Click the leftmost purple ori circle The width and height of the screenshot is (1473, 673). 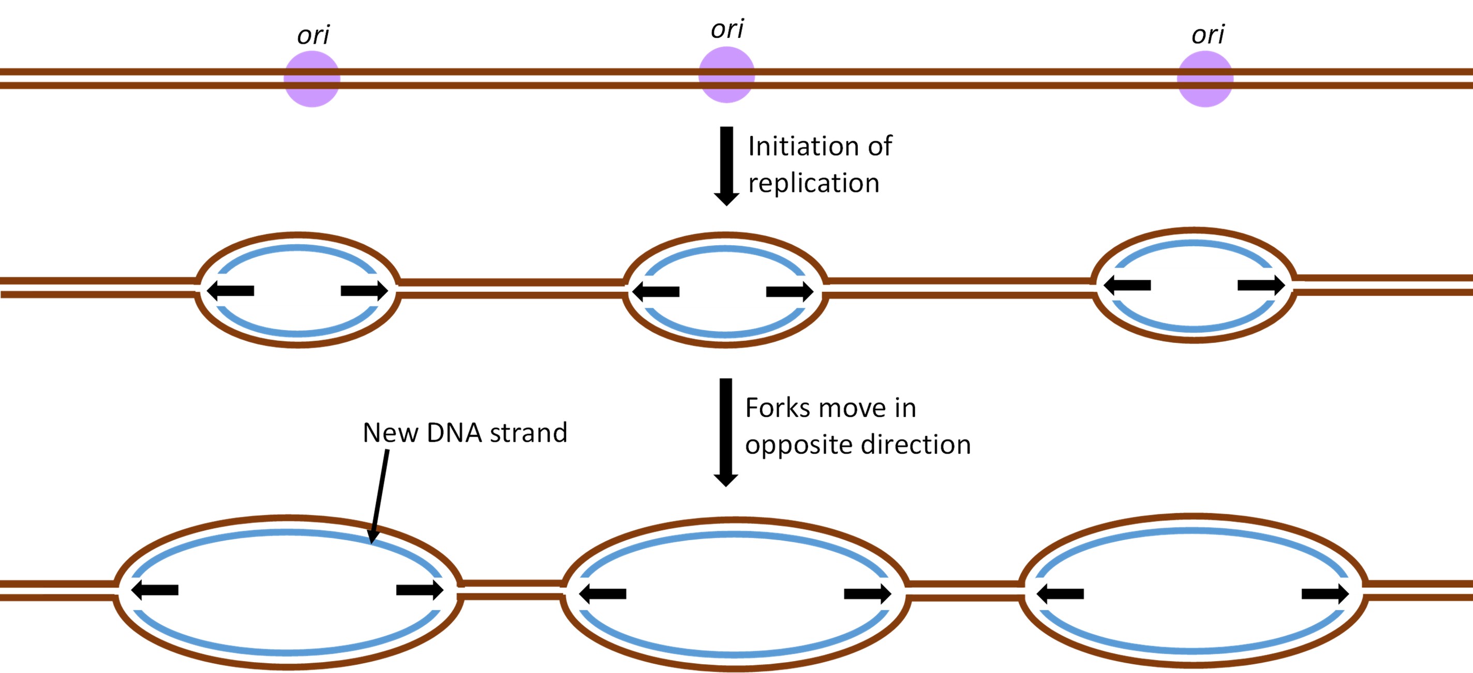coord(311,79)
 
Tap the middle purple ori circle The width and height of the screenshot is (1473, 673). coord(726,75)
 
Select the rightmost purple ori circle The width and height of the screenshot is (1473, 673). coord(1205,79)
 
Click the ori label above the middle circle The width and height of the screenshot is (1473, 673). coord(727,28)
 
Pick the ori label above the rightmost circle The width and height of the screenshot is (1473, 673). coord(1208,34)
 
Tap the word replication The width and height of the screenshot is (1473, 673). coord(813,183)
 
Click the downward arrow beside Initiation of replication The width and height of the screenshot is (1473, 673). coord(726,166)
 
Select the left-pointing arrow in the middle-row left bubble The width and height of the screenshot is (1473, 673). coord(230,291)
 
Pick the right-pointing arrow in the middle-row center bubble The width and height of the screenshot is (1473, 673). coord(790,292)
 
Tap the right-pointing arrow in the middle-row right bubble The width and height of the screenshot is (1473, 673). coord(1261,285)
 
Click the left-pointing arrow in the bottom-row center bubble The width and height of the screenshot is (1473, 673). coord(602,593)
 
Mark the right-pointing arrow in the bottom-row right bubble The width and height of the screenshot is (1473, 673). coord(1325,593)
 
